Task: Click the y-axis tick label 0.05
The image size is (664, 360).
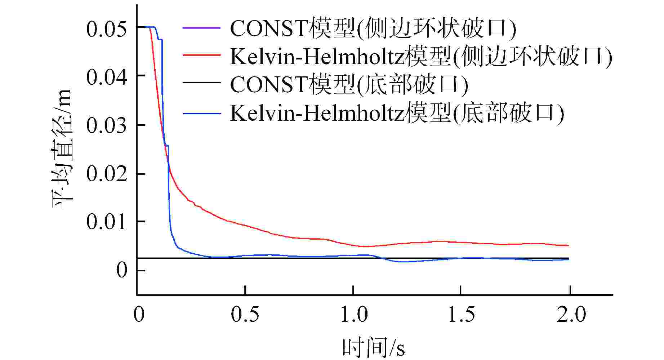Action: [x=107, y=28]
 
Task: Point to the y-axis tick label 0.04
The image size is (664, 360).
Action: [x=107, y=77]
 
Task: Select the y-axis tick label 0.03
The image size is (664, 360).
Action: [x=107, y=125]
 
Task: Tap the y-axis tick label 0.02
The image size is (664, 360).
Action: [x=107, y=174]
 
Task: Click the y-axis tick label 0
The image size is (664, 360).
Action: [x=122, y=270]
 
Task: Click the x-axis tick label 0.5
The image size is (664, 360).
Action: [x=245, y=314]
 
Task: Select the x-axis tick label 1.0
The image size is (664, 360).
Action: [x=354, y=314]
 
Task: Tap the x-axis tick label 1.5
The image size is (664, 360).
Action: [x=461, y=314]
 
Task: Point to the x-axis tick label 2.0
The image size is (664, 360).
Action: [x=571, y=314]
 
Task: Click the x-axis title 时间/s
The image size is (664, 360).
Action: [x=373, y=348]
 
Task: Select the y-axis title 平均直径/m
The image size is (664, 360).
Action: [x=63, y=149]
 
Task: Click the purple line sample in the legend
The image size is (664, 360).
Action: [x=201, y=28]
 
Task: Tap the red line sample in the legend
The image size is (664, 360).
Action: [x=201, y=55]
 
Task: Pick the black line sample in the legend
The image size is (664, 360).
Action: [x=201, y=83]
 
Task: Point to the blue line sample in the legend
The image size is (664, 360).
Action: [x=201, y=114]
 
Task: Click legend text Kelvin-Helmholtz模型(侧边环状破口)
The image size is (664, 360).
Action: [x=421, y=56]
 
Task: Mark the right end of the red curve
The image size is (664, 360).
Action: [x=568, y=245]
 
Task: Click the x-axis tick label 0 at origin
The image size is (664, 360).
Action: [x=139, y=314]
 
